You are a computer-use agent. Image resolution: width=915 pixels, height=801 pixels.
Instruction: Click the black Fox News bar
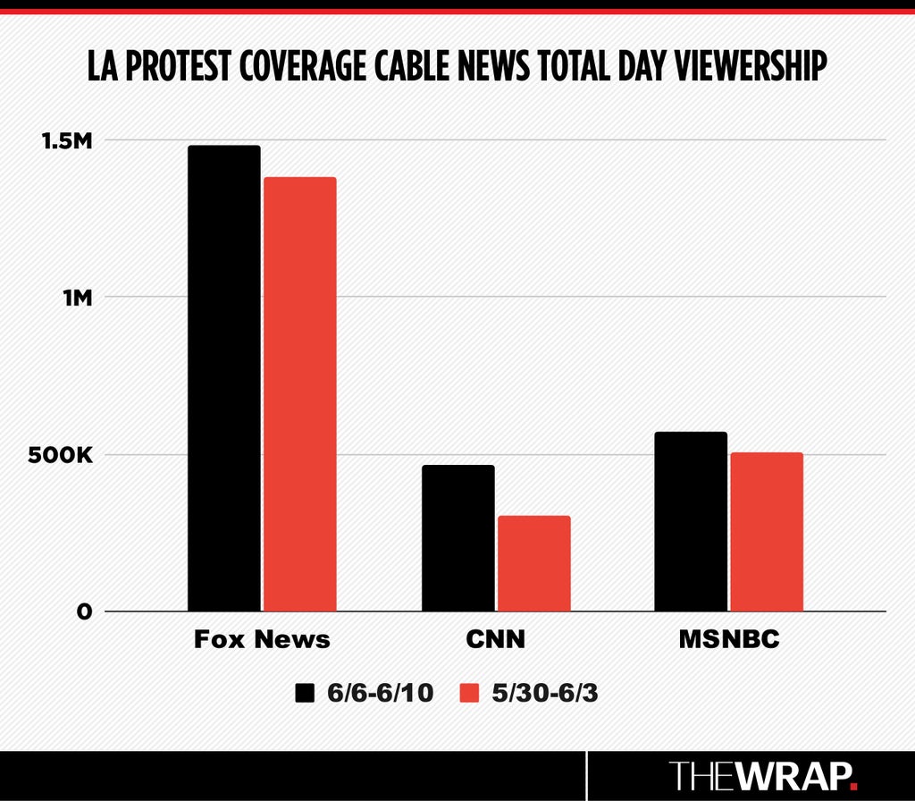(x=224, y=378)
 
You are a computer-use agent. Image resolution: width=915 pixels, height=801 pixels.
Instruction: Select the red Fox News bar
(x=300, y=394)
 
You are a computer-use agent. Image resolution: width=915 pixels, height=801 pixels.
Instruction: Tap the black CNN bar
(x=458, y=538)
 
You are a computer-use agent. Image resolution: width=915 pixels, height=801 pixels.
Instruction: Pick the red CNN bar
(x=534, y=563)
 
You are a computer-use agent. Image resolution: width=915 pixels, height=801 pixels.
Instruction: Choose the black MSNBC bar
(x=691, y=521)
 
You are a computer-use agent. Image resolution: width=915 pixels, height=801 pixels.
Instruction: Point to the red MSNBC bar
(x=767, y=532)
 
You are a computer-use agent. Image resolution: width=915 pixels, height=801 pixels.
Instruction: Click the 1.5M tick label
(x=67, y=140)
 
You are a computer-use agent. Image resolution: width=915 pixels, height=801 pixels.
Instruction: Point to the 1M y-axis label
(x=79, y=298)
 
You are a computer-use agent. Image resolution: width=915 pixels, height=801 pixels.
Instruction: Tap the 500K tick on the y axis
(x=60, y=455)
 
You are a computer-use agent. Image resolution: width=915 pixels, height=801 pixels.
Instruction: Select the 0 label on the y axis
(x=84, y=611)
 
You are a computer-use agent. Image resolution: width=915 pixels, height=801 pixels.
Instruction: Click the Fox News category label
(x=262, y=639)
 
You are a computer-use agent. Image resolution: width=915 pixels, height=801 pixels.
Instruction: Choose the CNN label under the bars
(x=495, y=639)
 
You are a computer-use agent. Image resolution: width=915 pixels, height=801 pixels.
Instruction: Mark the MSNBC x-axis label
(x=729, y=639)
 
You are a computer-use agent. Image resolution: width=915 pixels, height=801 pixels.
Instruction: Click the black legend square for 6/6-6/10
(x=305, y=693)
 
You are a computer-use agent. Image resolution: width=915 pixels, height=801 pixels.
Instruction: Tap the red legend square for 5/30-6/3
(x=469, y=693)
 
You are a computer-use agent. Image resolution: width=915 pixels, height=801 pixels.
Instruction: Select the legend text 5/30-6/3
(x=545, y=693)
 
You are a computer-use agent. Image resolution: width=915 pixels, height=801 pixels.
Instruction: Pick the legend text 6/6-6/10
(x=381, y=693)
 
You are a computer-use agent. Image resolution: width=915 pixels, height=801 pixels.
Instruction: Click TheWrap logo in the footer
(x=763, y=776)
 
